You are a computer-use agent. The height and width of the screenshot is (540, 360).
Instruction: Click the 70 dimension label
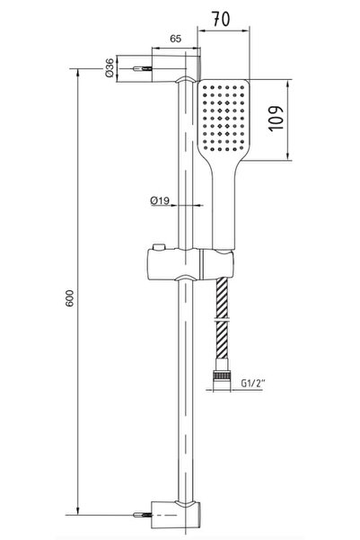[221, 19]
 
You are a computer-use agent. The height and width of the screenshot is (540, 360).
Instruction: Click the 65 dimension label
[176, 39]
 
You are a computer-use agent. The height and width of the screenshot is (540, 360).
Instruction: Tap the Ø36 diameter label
[110, 68]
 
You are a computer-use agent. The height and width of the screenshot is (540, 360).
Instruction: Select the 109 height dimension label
[277, 119]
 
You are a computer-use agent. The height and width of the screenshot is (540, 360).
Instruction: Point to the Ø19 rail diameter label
[160, 200]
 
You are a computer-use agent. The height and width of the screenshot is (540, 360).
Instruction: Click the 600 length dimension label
[69, 298]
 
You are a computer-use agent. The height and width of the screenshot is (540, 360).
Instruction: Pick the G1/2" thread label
[253, 383]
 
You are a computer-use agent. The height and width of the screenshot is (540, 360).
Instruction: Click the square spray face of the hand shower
[223, 118]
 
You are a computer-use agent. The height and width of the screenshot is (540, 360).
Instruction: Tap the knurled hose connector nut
[222, 375]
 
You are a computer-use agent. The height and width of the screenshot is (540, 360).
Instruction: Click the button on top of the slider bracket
[159, 247]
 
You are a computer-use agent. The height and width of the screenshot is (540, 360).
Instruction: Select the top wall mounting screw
[143, 68]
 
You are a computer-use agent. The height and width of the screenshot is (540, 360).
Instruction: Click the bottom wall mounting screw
[143, 515]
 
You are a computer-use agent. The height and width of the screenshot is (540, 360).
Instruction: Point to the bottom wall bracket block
[176, 515]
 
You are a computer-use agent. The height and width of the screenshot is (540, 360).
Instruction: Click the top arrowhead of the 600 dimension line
[77, 73]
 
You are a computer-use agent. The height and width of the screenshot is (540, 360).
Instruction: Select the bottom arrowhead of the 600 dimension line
[77, 510]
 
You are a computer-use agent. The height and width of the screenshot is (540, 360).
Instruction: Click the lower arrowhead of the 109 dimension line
[288, 156]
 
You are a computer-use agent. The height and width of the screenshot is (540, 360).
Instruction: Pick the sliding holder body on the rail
[190, 264]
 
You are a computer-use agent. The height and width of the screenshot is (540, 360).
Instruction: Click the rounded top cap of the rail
[186, 80]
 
